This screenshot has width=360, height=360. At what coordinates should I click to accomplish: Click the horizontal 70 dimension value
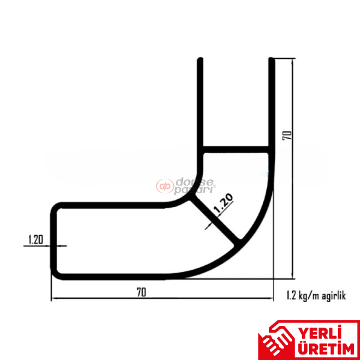(x=141, y=292)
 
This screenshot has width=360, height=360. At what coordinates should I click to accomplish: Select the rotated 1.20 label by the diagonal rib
(x=223, y=205)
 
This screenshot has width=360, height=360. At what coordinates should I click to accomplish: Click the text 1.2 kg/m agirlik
(x=312, y=295)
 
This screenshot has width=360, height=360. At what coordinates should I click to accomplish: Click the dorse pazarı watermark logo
(x=186, y=185)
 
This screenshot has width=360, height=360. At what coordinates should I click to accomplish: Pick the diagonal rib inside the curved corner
(x=216, y=222)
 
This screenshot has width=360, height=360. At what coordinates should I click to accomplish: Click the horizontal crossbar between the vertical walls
(x=235, y=148)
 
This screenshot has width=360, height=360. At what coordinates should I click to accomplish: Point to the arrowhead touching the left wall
(x=62, y=245)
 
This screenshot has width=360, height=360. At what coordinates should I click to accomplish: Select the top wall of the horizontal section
(x=114, y=205)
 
